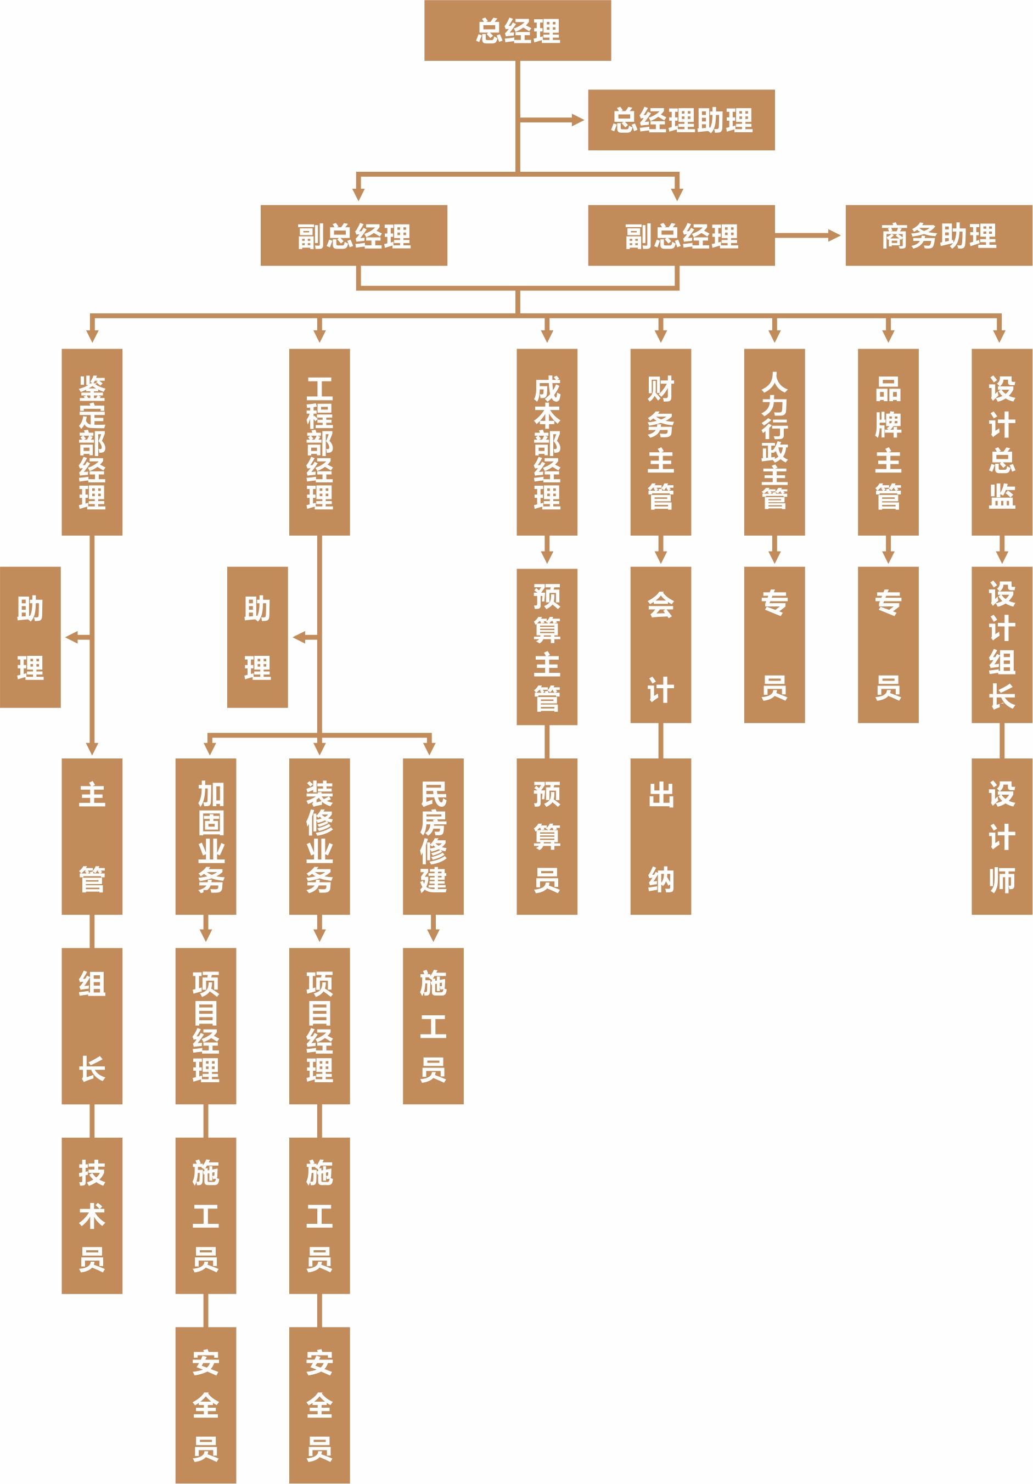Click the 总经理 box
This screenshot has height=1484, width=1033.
517,30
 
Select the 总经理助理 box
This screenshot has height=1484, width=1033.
681,120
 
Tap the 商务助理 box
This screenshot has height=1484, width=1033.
939,235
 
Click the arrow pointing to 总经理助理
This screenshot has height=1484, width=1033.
575,120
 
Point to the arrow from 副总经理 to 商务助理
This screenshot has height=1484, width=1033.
833,235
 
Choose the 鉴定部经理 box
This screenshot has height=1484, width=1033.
92,442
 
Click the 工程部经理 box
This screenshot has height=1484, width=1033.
319,442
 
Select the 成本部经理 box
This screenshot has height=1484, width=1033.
547,442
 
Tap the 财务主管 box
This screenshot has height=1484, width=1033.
661,442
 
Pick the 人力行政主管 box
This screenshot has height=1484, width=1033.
774,442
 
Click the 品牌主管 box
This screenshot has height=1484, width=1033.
888,442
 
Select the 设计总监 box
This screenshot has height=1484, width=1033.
1002,442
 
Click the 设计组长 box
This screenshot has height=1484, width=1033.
1002,644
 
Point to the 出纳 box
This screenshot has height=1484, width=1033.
661,836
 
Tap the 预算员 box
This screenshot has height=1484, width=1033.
547,836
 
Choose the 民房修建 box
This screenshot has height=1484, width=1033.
433,836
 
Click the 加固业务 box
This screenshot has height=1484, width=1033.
206,836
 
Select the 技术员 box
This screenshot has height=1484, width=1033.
92,1215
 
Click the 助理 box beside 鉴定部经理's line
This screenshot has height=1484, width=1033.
30,637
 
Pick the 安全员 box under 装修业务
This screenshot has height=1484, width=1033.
319,1405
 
